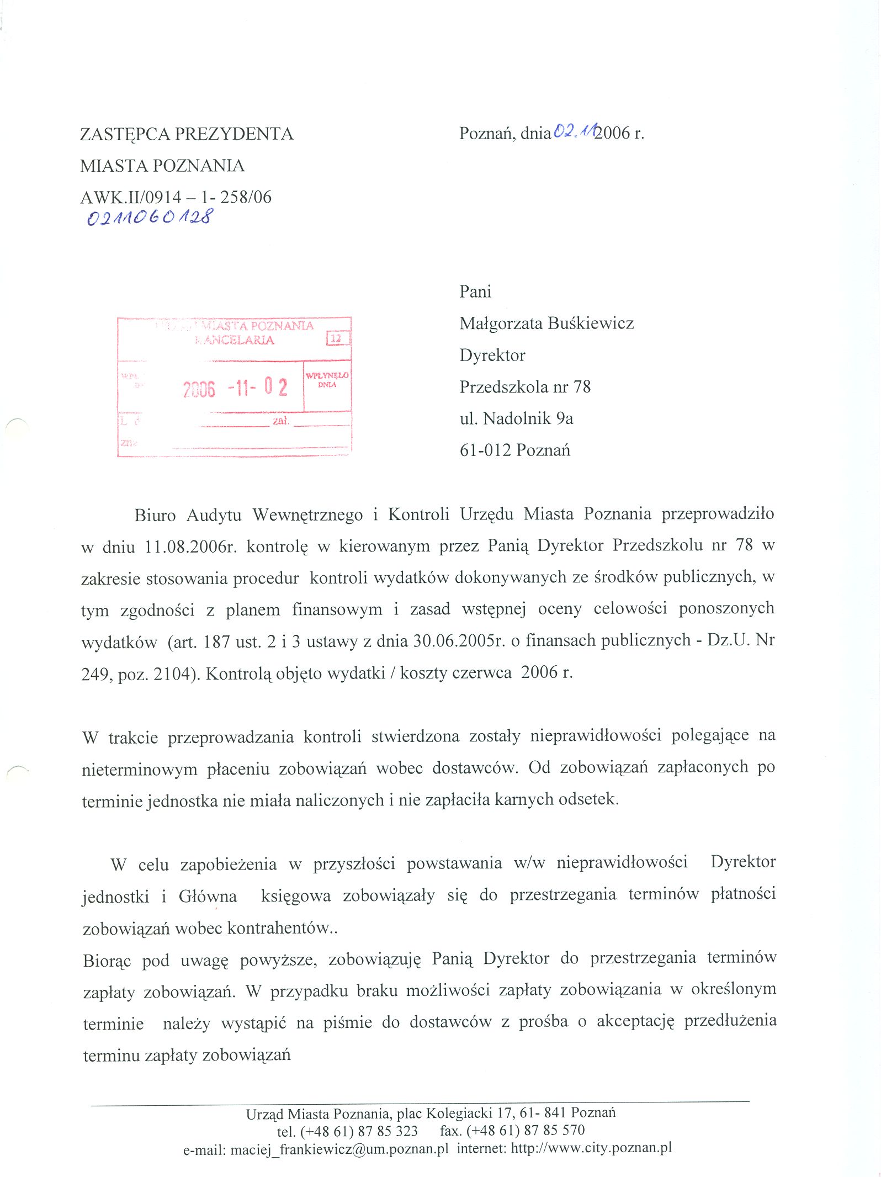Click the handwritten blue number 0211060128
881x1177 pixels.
tap(149, 216)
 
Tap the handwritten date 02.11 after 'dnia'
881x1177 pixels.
tap(574, 131)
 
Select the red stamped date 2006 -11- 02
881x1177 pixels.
tap(235, 388)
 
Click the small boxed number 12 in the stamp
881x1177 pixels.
tap(336, 338)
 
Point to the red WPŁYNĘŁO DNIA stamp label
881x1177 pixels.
tap(327, 379)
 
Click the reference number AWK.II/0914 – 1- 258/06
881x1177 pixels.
tap(176, 197)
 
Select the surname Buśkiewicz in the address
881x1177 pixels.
tap(591, 323)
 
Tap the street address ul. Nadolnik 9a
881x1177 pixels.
tap(516, 418)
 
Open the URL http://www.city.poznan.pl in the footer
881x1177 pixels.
tap(591, 1148)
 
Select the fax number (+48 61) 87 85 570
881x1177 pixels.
tap(525, 1131)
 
